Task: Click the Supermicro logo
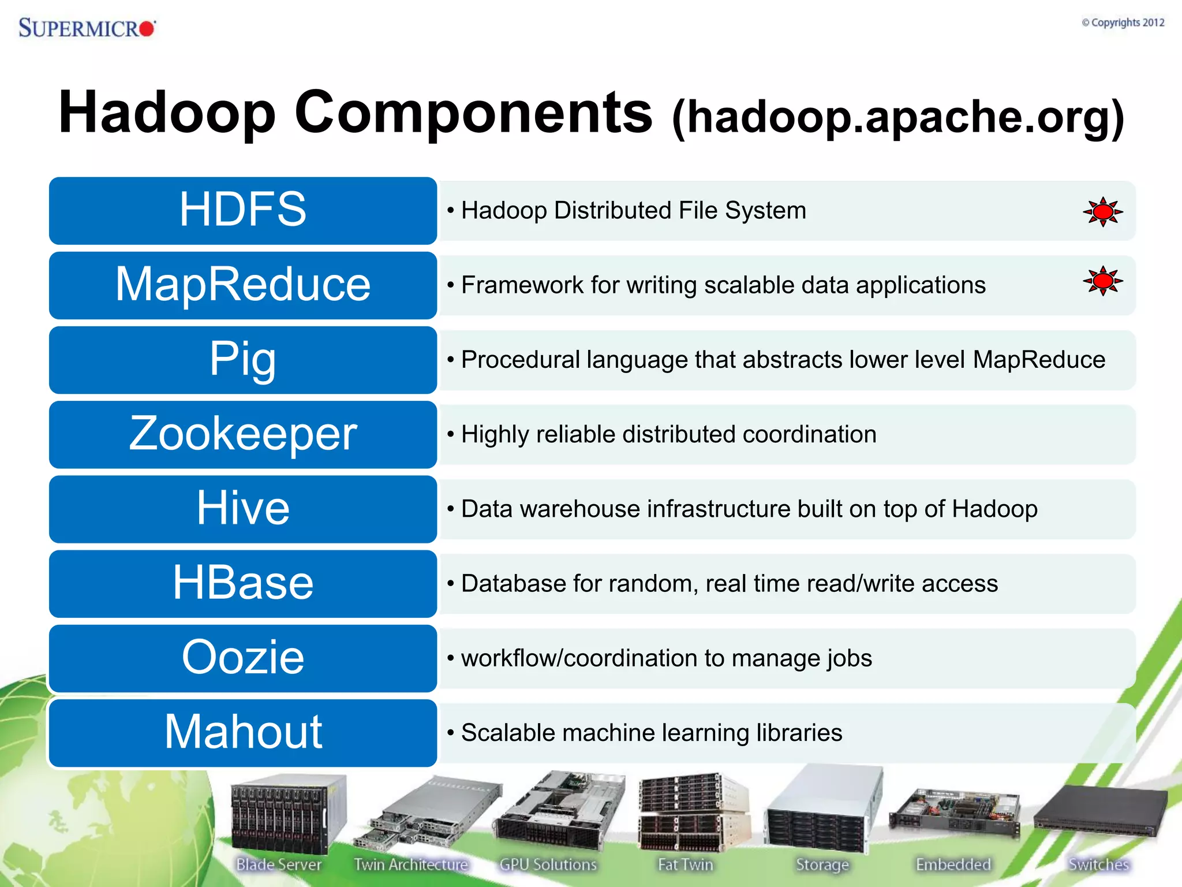tap(87, 28)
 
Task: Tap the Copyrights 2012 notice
tap(1123, 23)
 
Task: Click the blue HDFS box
tap(243, 210)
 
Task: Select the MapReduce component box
tap(243, 285)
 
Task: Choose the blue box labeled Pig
tap(243, 359)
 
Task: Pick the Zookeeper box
tap(243, 434)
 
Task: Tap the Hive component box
tap(243, 509)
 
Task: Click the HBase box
tap(243, 583)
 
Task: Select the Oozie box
tap(243, 658)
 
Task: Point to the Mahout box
tap(243, 732)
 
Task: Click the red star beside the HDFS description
tap(1102, 212)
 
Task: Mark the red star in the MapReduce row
tap(1102, 281)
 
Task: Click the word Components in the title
tap(473, 112)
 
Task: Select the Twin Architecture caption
tap(411, 864)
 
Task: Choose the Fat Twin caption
tap(686, 864)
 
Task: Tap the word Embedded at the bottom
tap(953, 864)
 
